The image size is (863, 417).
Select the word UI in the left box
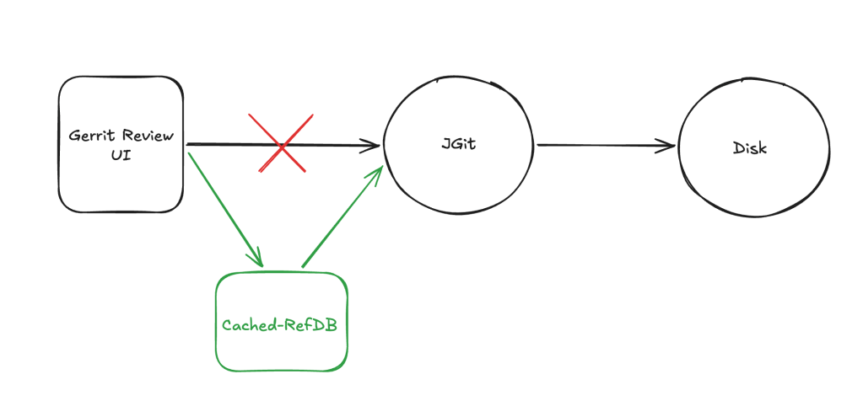[121, 157]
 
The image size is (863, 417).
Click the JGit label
[459, 144]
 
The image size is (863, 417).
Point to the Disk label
[751, 147]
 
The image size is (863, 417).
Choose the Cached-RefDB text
[279, 324]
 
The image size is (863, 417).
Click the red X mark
[281, 144]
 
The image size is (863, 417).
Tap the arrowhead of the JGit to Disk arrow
[668, 146]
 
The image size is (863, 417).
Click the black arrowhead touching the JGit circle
[372, 146]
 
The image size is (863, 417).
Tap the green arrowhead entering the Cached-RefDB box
[257, 259]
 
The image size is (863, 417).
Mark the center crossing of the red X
[281, 144]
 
